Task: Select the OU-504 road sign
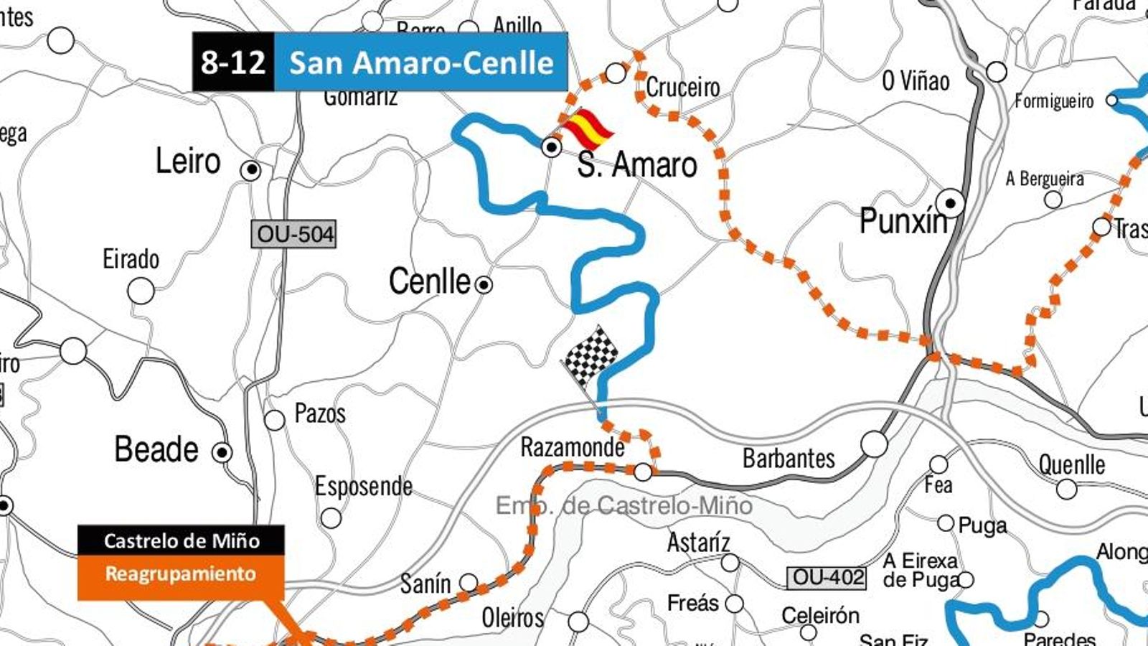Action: click(x=294, y=234)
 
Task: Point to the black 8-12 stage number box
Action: click(x=233, y=62)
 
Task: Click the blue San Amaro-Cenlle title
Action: click(x=421, y=62)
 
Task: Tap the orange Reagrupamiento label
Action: click(x=180, y=574)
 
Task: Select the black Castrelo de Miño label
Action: click(x=181, y=540)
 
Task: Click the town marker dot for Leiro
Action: click(x=250, y=170)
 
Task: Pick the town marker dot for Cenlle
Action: click(x=484, y=285)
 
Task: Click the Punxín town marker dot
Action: click(x=951, y=204)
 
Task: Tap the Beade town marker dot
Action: click(x=222, y=453)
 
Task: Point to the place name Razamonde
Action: click(x=572, y=447)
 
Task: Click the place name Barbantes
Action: click(x=789, y=458)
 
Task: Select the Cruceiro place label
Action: click(x=682, y=88)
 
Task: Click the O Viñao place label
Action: click(x=916, y=80)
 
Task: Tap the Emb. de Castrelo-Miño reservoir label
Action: click(x=624, y=505)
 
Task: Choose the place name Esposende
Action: click(x=364, y=487)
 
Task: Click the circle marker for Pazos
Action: click(x=275, y=420)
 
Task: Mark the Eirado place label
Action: click(x=131, y=259)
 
